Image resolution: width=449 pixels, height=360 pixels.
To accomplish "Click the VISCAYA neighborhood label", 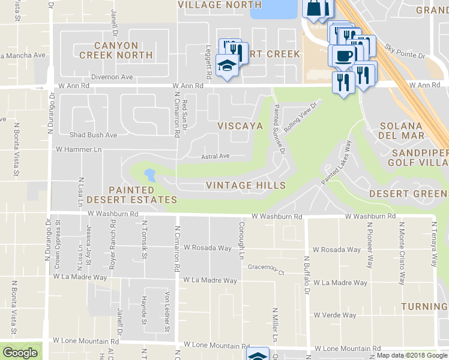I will coord(240,126).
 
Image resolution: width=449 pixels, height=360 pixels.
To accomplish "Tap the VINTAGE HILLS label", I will coord(246,185).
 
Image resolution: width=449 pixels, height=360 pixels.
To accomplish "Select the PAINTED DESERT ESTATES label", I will coord(131,195).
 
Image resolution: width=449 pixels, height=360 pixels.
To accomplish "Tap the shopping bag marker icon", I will coord(317,8).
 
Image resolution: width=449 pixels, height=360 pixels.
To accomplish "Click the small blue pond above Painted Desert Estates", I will coord(149,176).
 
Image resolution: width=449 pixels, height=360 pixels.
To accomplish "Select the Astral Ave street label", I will coord(215,156).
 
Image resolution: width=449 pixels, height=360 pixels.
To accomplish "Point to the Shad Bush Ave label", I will coord(93,135).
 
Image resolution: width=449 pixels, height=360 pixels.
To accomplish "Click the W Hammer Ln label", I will coord(78,148).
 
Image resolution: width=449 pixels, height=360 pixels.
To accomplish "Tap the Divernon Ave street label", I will coord(112,77).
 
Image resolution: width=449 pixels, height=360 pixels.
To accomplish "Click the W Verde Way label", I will coord(335,315).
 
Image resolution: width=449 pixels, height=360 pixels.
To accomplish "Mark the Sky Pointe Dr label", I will coord(405,51).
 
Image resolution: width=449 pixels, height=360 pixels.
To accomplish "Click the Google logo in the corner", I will coord(20,352).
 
